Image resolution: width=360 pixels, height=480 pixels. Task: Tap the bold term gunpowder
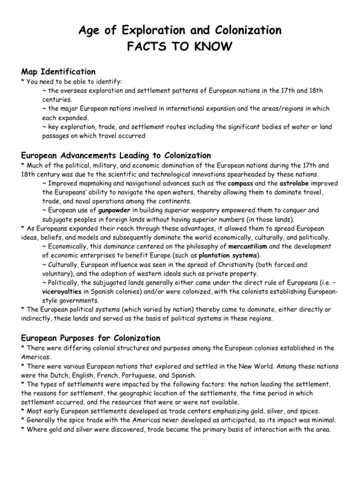[114, 210]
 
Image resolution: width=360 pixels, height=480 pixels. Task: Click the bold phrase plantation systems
[228, 255]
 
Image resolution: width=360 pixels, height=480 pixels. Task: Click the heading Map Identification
[59, 72]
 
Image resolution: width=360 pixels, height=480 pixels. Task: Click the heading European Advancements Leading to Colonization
[116, 155]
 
